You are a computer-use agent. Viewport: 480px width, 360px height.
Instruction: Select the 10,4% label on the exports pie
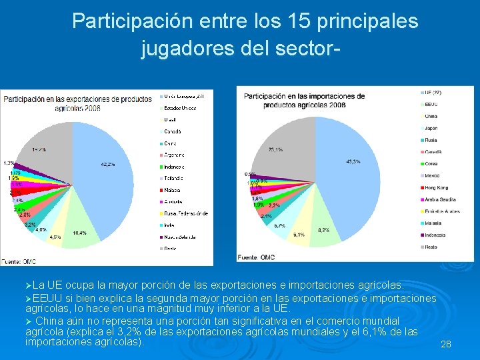79,233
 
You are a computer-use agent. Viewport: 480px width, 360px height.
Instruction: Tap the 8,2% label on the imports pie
323,230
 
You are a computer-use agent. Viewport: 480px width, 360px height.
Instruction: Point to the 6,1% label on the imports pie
298,235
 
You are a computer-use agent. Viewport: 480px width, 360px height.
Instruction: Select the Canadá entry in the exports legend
173,131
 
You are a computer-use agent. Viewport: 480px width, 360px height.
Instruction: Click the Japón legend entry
431,128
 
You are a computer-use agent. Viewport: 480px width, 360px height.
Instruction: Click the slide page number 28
446,344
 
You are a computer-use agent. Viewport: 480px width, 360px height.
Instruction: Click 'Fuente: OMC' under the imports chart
259,257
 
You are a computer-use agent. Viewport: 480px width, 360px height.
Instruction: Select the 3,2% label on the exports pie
31,225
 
